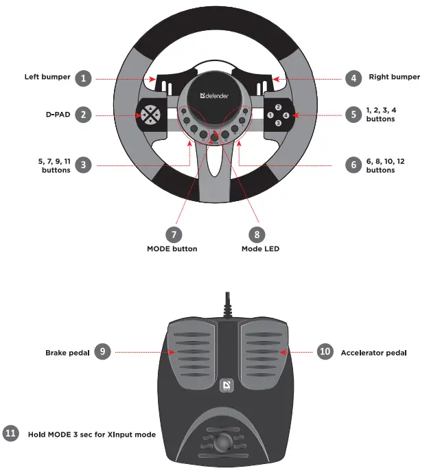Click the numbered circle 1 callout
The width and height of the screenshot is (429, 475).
click(83, 78)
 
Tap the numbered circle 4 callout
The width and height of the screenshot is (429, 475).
click(353, 78)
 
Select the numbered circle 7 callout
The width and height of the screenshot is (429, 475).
click(172, 233)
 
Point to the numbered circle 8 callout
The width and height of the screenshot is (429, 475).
click(256, 233)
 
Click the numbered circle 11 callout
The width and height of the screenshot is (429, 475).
click(10, 434)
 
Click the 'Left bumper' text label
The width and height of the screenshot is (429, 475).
click(47, 78)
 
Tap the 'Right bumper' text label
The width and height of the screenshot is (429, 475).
click(394, 78)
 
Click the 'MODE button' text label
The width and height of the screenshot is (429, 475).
click(172, 249)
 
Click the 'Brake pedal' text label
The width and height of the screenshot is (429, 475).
click(66, 352)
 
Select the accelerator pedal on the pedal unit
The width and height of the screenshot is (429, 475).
click(261, 350)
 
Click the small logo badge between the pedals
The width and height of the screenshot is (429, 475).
click(226, 387)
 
